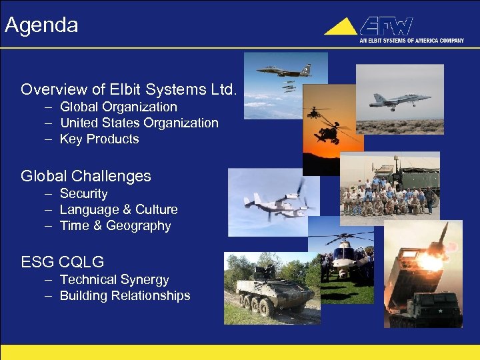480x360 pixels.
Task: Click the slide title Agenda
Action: [x=41, y=25]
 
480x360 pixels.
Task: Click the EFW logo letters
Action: [x=387, y=26]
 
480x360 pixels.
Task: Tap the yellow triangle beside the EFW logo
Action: [x=341, y=27]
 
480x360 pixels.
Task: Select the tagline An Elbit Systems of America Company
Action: [x=411, y=41]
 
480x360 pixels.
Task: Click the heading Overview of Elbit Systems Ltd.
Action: [x=129, y=89]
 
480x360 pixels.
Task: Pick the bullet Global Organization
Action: [x=118, y=107]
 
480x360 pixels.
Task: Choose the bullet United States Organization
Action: [x=139, y=123]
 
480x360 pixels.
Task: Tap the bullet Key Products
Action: [x=99, y=139]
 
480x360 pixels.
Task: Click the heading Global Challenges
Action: [x=86, y=176]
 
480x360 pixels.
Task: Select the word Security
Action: [x=83, y=193]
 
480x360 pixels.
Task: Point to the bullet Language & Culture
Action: [x=119, y=209]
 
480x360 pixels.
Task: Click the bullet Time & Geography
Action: [x=115, y=225]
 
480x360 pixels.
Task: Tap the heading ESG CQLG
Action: [x=62, y=261]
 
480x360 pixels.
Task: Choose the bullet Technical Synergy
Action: [x=114, y=279]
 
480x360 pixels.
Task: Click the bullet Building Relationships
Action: [x=125, y=295]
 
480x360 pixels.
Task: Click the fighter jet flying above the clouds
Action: [x=283, y=70]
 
